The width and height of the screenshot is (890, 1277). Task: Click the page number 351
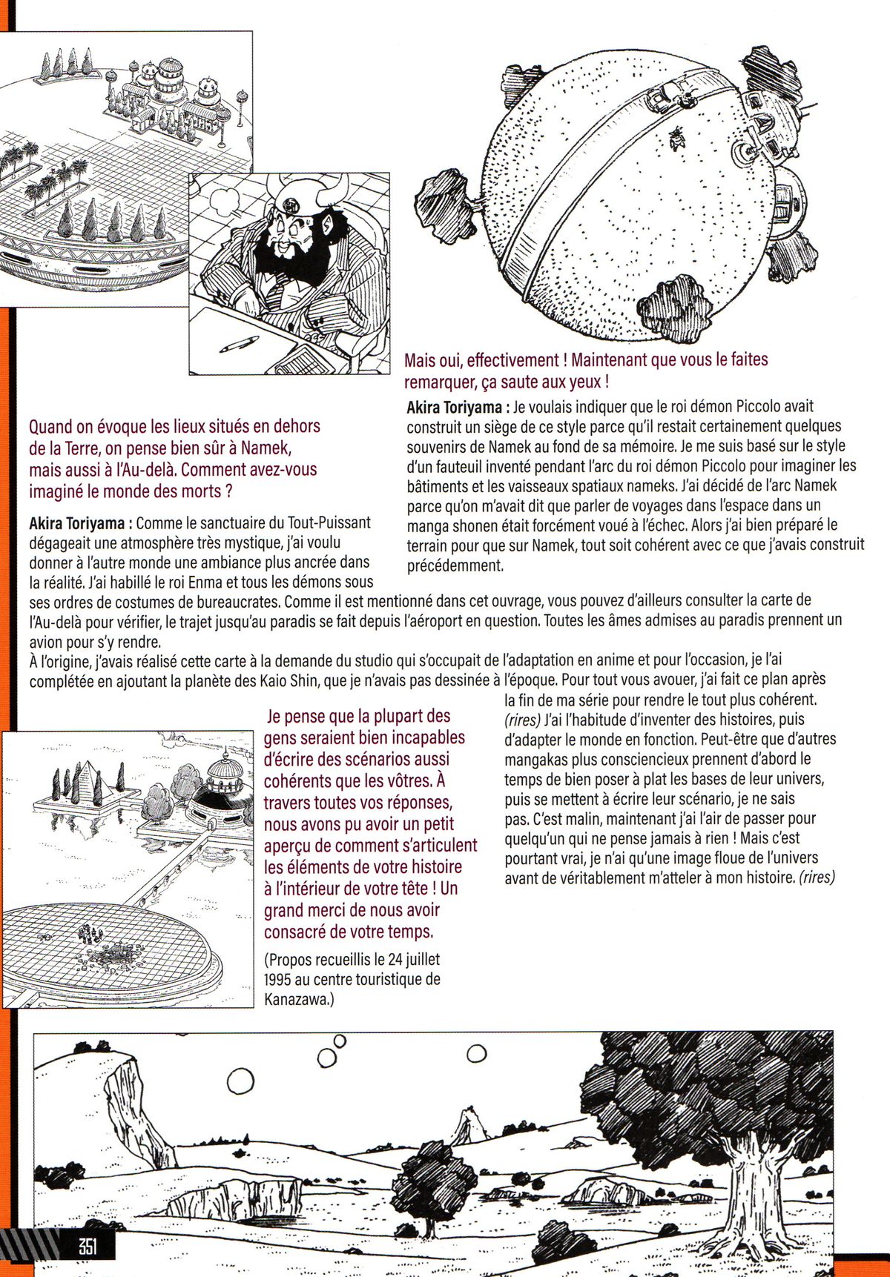[x=88, y=1246]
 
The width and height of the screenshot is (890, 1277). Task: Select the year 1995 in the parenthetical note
[x=277, y=979]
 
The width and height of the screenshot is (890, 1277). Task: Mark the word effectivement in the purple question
[x=512, y=361]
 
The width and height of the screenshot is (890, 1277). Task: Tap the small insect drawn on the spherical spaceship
[x=676, y=136]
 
